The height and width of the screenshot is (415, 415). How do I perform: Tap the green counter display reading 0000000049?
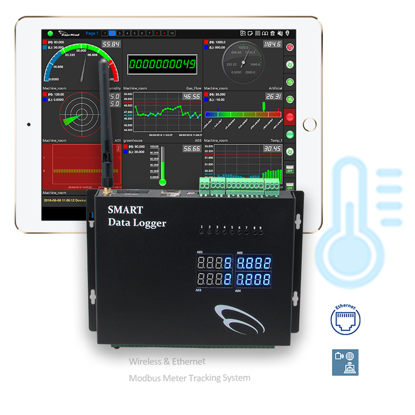(x=162, y=63)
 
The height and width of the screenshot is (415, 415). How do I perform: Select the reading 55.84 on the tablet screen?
(x=111, y=44)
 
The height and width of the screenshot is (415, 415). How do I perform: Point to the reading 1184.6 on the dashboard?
(x=271, y=44)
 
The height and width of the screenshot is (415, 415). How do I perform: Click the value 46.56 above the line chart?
(x=191, y=96)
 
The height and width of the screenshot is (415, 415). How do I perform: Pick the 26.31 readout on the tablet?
(x=273, y=96)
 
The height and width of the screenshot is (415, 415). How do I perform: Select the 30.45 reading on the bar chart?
(x=271, y=149)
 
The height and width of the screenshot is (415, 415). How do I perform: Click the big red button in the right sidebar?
(x=290, y=117)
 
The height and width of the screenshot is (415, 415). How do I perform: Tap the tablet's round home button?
(x=310, y=124)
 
